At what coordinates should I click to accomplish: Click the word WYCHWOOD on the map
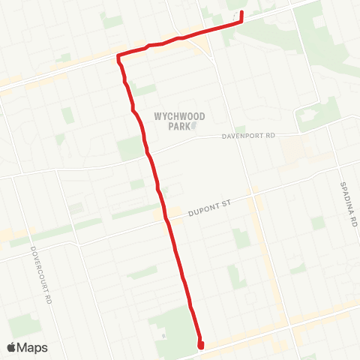[x=179, y=116]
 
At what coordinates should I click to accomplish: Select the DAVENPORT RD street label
[x=250, y=136]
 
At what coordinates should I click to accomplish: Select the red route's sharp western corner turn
[x=118, y=56]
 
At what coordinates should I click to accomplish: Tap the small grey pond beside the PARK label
[x=194, y=126]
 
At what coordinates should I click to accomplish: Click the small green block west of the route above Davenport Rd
[x=130, y=148]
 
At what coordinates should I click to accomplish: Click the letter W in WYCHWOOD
[x=157, y=116]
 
